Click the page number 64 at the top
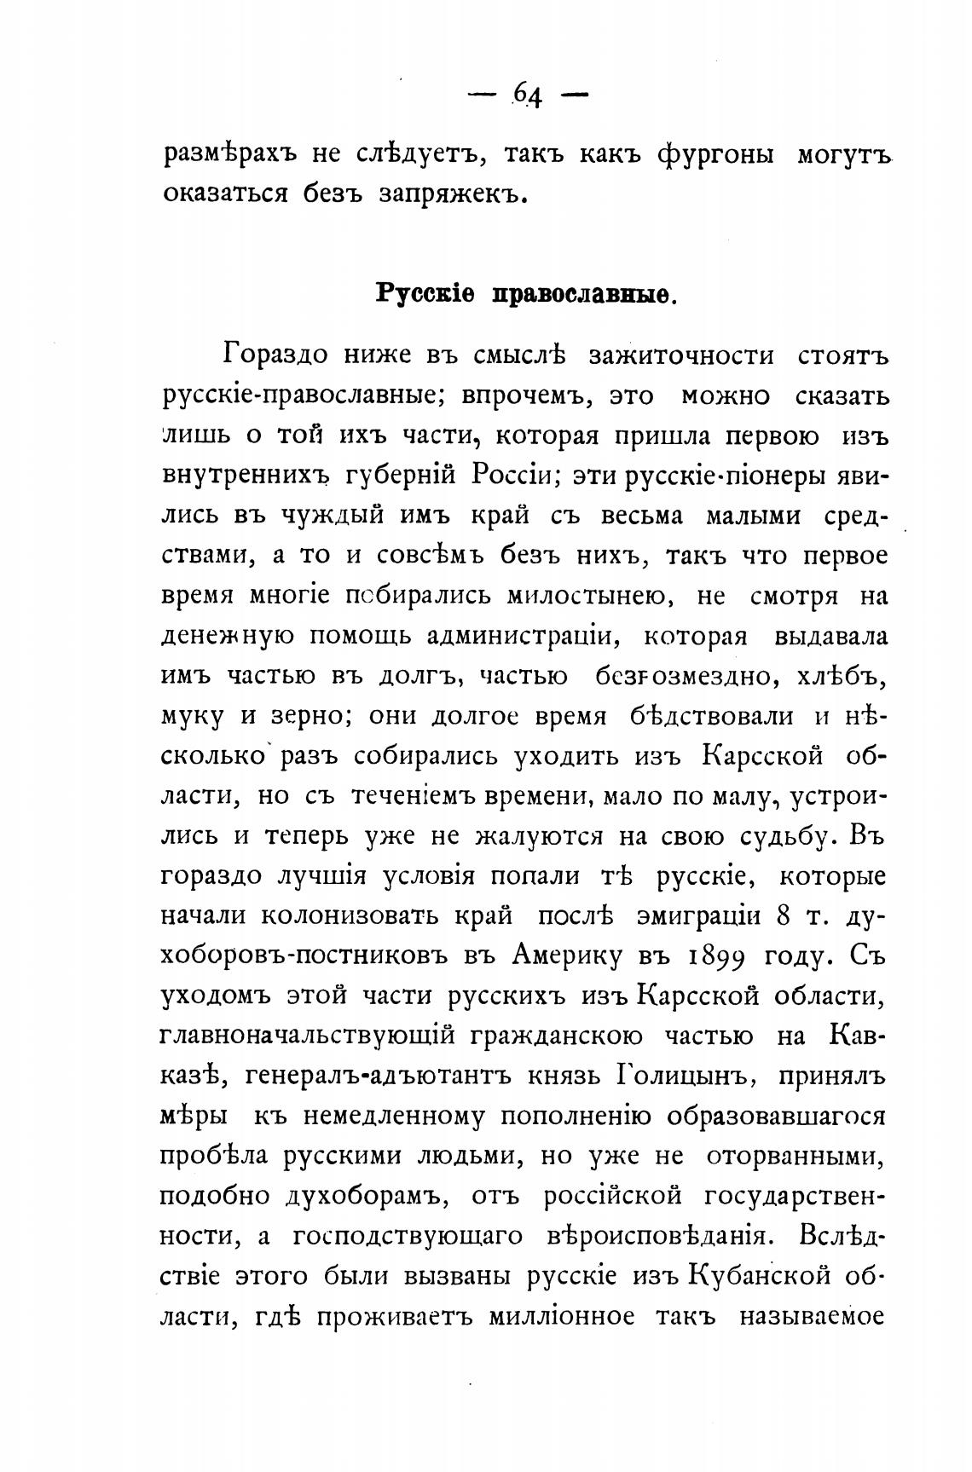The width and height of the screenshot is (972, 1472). [x=528, y=95]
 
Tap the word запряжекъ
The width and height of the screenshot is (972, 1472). [x=448, y=195]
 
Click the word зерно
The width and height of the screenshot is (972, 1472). [x=306, y=716]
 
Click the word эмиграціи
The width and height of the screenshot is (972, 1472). [x=698, y=915]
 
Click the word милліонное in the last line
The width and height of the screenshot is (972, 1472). [x=562, y=1316]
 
